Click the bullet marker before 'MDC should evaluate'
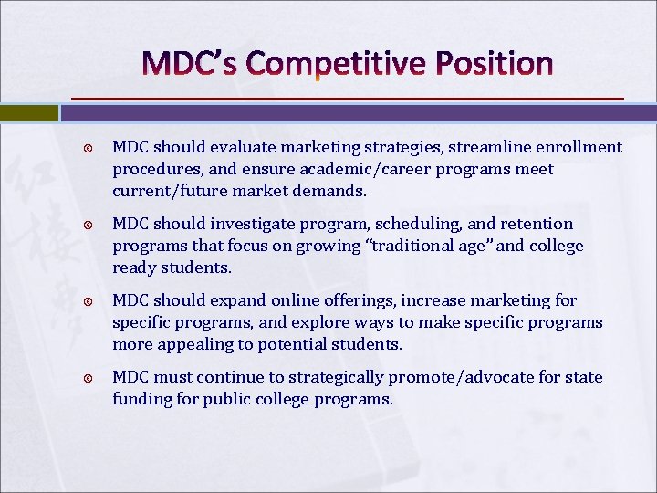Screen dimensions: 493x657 click(89, 148)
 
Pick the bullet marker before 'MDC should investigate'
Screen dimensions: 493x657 click(89, 225)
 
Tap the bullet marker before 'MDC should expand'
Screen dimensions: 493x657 click(89, 301)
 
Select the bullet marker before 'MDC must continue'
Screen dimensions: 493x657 click(89, 378)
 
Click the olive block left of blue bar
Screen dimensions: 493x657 click(28, 113)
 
